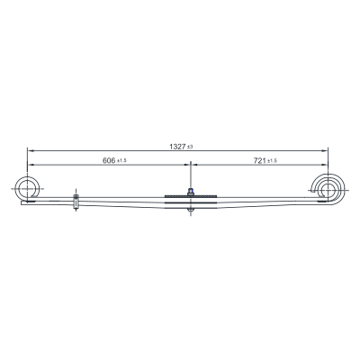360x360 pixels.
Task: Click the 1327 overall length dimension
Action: coord(177,147)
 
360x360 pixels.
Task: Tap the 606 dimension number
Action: coord(109,160)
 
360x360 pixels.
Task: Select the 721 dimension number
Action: coord(260,160)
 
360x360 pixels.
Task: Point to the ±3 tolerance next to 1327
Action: coord(190,147)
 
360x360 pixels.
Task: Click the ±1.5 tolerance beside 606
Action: coord(121,161)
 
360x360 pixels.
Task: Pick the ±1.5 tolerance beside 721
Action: coord(272,161)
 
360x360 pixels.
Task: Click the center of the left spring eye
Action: coord(27,189)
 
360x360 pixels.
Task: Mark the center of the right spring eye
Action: coord(328,191)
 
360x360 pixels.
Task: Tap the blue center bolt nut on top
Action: coord(190,192)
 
